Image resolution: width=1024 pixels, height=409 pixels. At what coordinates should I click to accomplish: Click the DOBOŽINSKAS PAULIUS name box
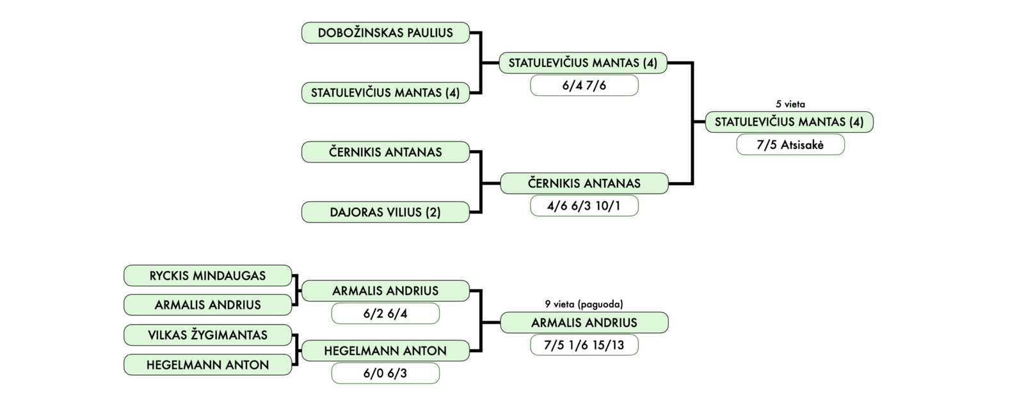coord(385,33)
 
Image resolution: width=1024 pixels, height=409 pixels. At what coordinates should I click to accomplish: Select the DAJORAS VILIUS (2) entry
coord(385,212)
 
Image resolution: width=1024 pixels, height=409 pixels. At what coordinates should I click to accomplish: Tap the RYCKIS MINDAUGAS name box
coord(207,275)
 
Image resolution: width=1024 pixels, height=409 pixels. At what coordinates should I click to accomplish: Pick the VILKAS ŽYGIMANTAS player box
coord(207,335)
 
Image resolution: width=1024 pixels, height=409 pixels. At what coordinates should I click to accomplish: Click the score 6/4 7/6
coord(584,85)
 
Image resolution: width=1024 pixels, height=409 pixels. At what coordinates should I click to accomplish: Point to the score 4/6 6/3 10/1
coord(584,206)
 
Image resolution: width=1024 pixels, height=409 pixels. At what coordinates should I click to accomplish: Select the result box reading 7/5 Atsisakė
coord(790,144)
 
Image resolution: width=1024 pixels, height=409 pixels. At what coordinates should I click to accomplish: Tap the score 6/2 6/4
coord(385,314)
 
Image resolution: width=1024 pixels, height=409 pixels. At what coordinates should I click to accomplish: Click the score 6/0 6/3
coord(385,373)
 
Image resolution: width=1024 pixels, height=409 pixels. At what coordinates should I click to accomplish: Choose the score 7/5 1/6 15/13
coord(584,345)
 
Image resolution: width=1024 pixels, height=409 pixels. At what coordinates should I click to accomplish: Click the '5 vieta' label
coord(790,104)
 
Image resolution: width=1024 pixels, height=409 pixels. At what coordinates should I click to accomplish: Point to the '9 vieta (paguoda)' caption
coord(584,304)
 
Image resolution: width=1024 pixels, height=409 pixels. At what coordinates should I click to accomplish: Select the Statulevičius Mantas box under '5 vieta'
coord(788,121)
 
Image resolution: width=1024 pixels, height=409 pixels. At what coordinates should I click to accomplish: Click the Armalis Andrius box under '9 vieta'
coord(584,323)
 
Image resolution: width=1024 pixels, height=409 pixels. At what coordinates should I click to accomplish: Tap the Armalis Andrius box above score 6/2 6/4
coord(385,291)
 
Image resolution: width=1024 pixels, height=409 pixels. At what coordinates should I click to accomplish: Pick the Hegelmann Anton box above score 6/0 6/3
coord(385,351)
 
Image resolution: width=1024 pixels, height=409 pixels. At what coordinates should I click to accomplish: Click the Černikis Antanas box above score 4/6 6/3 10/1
coord(584,183)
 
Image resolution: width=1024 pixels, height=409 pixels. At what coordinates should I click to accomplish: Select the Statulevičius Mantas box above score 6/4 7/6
coord(582,63)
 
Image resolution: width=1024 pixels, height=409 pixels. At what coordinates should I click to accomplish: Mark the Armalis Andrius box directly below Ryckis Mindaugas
coord(207,305)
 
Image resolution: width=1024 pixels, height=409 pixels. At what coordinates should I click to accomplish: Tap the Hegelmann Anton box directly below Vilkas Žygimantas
coord(207,365)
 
